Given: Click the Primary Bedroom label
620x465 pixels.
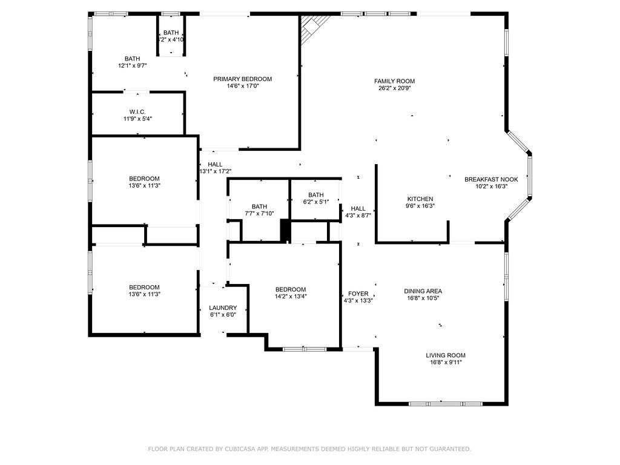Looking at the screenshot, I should click(242, 79).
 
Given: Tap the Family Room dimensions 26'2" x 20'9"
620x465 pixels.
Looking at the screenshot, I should click(394, 88).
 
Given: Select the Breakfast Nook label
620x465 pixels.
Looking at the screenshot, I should click(491, 179).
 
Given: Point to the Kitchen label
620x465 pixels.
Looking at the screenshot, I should click(420, 199).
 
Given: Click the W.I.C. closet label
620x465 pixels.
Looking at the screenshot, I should click(137, 111).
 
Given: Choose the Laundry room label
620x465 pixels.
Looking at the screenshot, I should click(223, 308).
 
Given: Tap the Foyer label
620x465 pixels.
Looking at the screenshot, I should click(358, 293).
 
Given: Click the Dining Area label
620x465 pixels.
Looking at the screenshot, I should click(423, 291).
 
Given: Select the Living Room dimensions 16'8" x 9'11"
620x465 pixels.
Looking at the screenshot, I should click(445, 363).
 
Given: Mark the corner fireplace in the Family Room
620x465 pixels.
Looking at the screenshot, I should click(312, 27).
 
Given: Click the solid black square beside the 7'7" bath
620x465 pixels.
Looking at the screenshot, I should click(285, 230).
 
